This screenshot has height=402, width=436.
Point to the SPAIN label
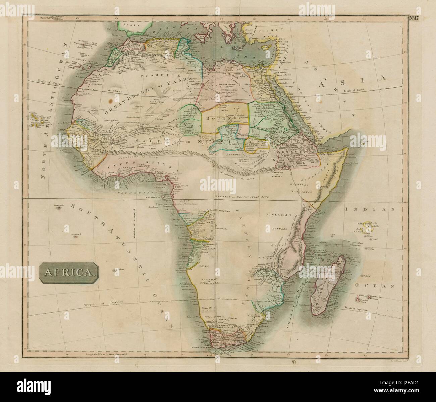click(131, 25)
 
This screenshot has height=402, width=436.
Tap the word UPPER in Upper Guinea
click(117, 166)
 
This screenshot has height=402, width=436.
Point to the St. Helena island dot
click(115, 269)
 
